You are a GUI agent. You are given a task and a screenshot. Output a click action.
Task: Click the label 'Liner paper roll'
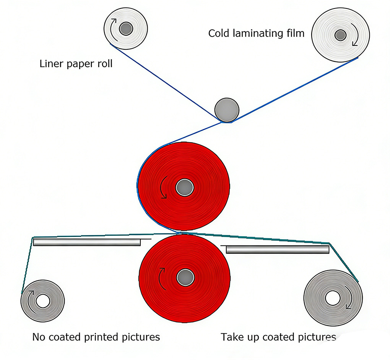tap(76, 63)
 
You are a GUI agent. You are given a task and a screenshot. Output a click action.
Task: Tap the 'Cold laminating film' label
tap(256, 34)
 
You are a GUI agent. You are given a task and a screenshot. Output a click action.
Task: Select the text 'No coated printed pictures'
tap(96, 337)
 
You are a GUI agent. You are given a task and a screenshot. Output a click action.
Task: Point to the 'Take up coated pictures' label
tap(278, 337)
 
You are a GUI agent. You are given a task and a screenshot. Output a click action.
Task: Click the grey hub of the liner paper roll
tap(125, 28)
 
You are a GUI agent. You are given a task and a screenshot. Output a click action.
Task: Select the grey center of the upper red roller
tap(185, 188)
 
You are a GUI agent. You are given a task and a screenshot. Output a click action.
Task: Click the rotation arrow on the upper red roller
tap(163, 187)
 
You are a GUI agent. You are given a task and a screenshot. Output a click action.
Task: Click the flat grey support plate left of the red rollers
tap(87, 242)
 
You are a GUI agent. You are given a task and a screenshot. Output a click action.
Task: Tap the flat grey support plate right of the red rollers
tap(277, 250)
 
